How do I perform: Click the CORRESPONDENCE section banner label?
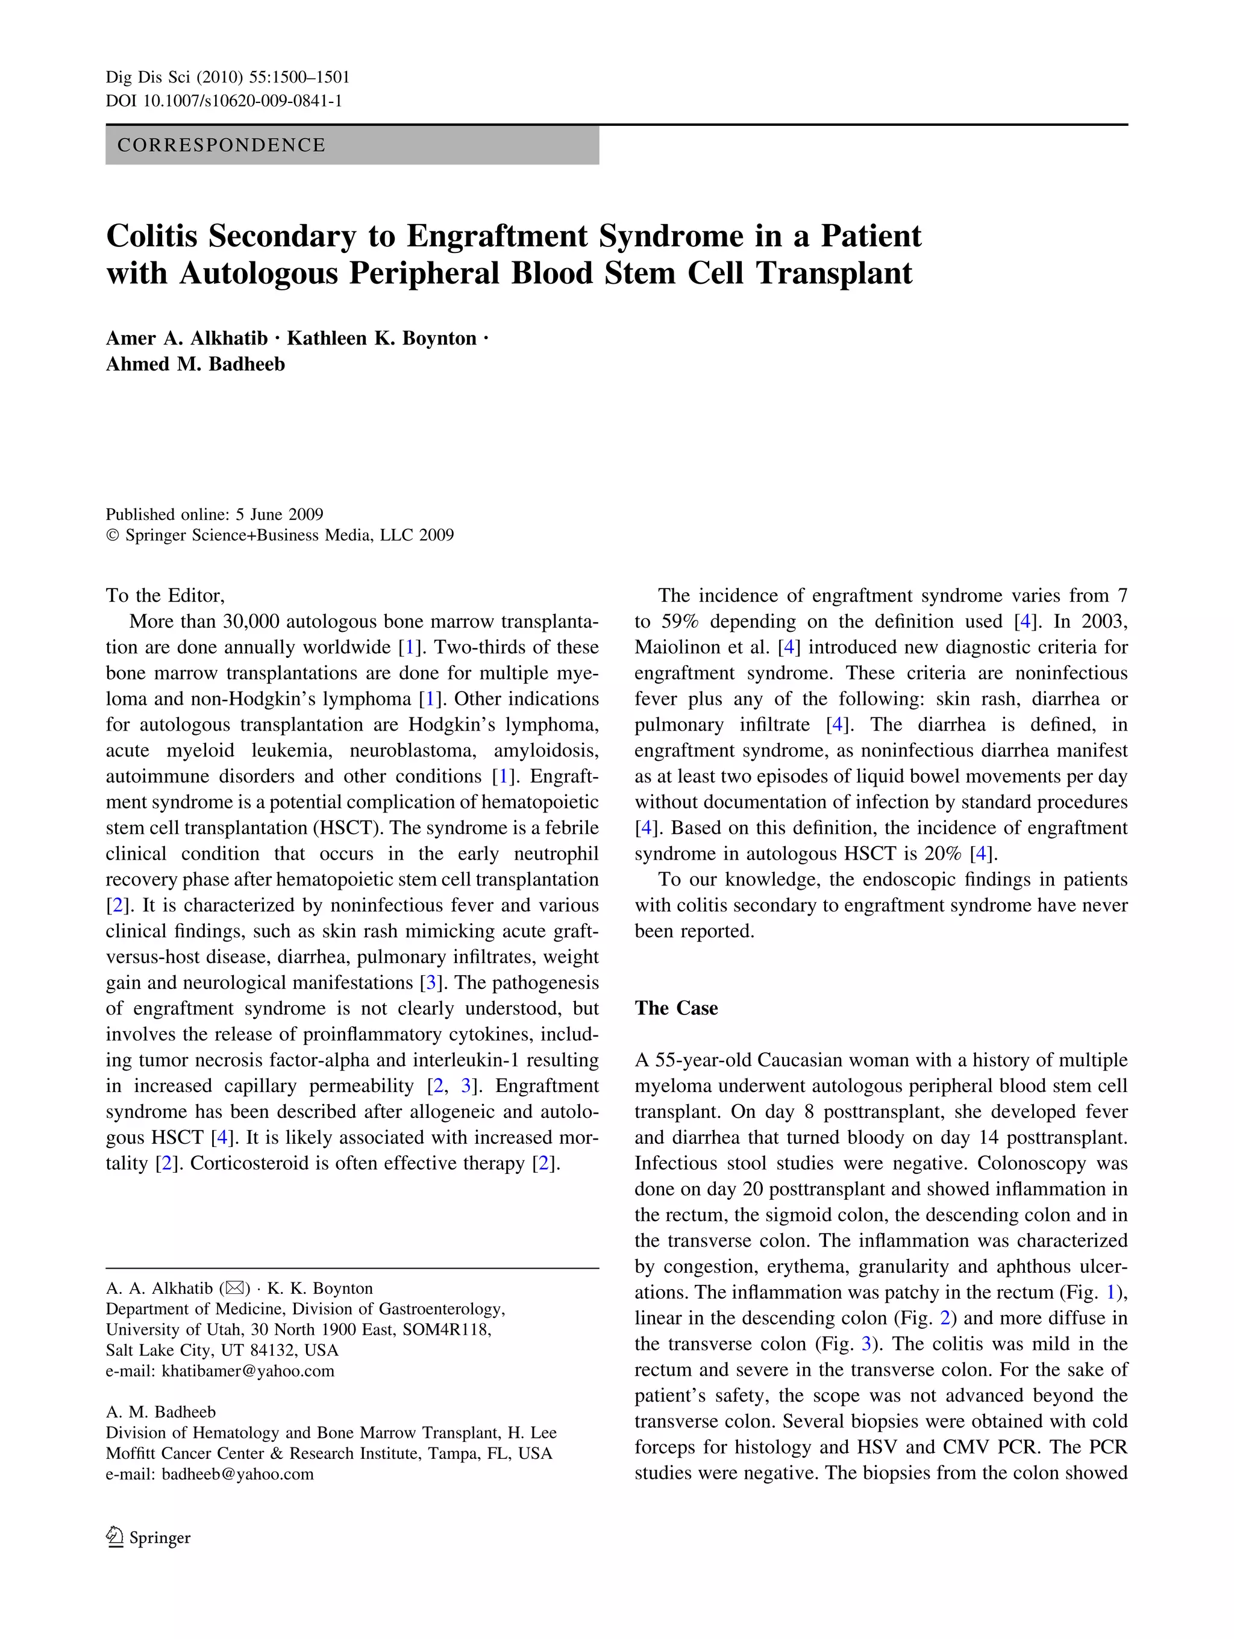pyautogui.click(x=221, y=145)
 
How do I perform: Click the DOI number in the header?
pyautogui.click(x=242, y=101)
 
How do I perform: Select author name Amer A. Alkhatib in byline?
pyautogui.click(x=187, y=339)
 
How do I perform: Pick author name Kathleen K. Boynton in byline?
pyautogui.click(x=381, y=339)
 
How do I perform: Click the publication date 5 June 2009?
pyautogui.click(x=280, y=514)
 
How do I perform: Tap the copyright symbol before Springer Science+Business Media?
pyautogui.click(x=113, y=535)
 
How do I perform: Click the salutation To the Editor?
pyautogui.click(x=164, y=596)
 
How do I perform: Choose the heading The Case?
pyautogui.click(x=676, y=1008)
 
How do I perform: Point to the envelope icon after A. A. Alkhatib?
pyautogui.click(x=234, y=1288)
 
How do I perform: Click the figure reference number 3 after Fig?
pyautogui.click(x=866, y=1344)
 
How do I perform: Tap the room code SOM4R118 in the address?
pyautogui.click(x=446, y=1329)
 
